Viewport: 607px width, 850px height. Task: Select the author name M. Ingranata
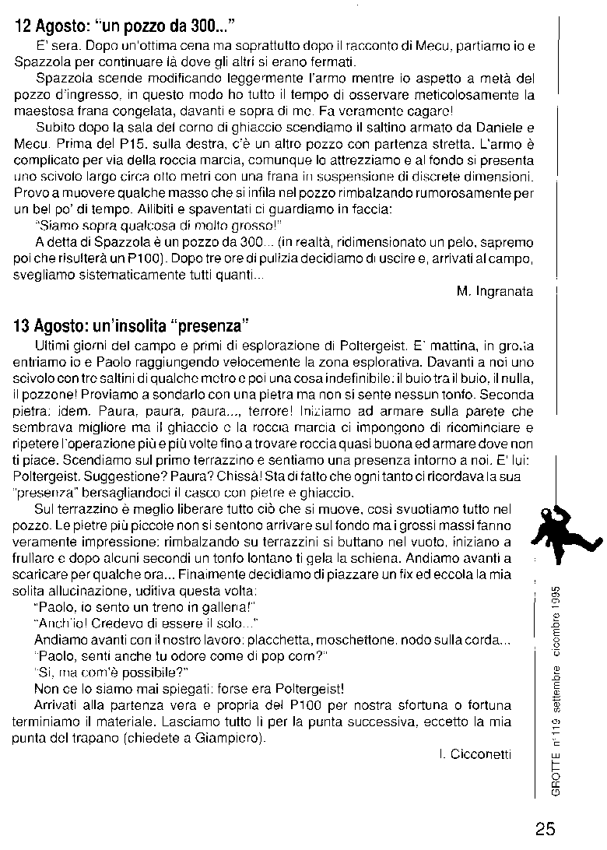(495, 291)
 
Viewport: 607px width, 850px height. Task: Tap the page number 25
(546, 828)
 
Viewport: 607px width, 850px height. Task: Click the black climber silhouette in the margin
(558, 531)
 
